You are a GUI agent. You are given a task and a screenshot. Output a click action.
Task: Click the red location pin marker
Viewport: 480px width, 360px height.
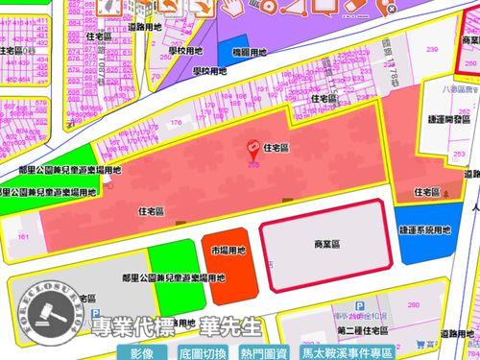253,149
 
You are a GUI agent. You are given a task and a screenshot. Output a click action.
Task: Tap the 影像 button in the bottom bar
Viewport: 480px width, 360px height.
142,352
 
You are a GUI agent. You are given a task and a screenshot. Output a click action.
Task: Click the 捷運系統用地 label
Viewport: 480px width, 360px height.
424,232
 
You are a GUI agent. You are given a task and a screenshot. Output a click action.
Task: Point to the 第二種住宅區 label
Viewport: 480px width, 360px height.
368,331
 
